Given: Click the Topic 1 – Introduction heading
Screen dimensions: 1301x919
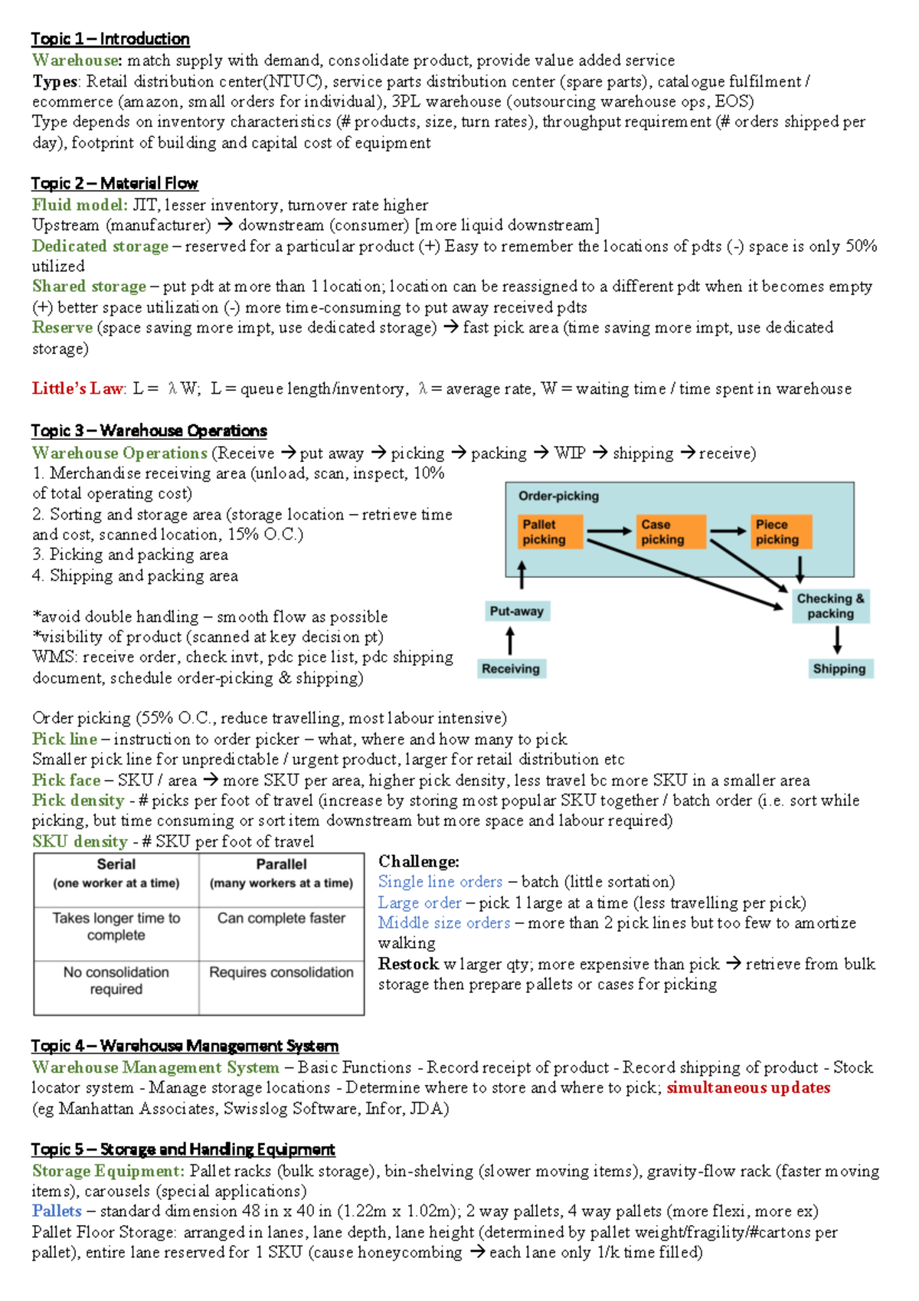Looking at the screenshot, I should coord(110,39).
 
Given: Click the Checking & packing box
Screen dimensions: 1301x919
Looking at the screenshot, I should coord(831,606).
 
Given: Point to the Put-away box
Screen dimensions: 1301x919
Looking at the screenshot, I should coord(518,611).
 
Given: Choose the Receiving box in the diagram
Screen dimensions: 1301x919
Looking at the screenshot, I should coord(511,669).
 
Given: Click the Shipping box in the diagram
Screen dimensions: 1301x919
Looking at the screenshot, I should coord(839,669).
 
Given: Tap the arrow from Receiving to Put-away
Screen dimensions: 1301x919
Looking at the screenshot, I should coord(510,641).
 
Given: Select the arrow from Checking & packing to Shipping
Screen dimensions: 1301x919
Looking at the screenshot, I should coord(837,640).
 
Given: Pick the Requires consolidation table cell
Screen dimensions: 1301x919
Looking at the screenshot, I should coord(281,972).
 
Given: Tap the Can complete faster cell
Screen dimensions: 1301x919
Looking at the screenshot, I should coord(281,918).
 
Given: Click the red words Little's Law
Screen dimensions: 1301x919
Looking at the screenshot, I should coord(77,389).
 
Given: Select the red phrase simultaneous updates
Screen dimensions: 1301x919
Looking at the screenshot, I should coord(748,1088).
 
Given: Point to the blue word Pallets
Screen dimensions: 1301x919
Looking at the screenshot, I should coord(57,1211).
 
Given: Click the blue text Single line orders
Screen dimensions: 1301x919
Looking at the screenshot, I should coord(440,882).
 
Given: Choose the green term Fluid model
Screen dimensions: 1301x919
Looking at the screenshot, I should coord(80,205).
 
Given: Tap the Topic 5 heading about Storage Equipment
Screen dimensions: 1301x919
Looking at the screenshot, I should coord(183,1149).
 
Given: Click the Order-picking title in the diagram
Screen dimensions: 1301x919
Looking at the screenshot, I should coord(558,496).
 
